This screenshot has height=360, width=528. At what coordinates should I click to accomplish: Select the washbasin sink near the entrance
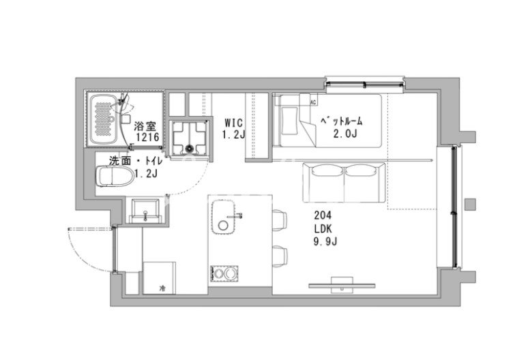[145, 211]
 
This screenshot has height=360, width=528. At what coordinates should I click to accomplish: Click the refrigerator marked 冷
[159, 278]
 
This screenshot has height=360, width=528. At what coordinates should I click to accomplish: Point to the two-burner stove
[224, 273]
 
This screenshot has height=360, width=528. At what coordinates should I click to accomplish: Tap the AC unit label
[313, 102]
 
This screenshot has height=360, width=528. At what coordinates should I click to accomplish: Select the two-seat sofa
[344, 182]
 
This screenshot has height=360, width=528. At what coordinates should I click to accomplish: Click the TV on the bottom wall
[342, 285]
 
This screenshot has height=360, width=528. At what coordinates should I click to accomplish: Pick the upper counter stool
[280, 220]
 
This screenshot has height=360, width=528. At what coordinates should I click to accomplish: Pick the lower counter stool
[280, 257]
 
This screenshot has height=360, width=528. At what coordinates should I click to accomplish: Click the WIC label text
[233, 122]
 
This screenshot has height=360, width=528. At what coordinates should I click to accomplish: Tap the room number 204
[323, 215]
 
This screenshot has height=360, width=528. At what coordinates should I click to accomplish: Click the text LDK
[323, 229]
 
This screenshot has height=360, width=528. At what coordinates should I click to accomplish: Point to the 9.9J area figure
[325, 241]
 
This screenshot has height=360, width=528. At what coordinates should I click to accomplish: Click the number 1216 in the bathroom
[147, 137]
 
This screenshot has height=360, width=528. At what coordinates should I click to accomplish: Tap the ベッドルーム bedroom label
[341, 121]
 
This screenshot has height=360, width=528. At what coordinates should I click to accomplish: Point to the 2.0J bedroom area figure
[344, 134]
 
